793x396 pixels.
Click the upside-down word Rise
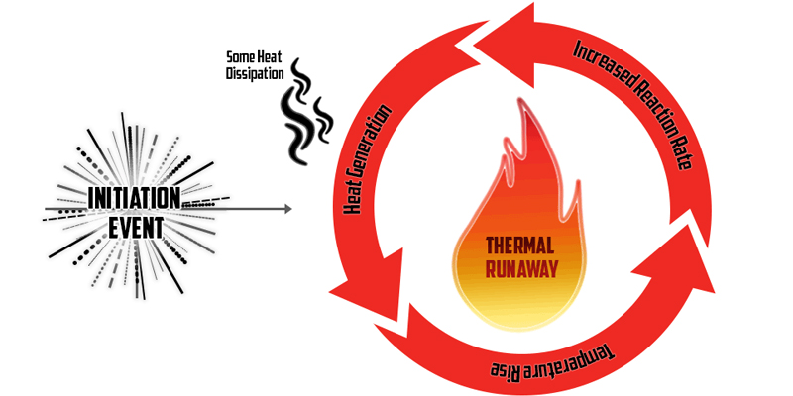click(x=510, y=370)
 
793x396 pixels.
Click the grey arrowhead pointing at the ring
click(x=287, y=209)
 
